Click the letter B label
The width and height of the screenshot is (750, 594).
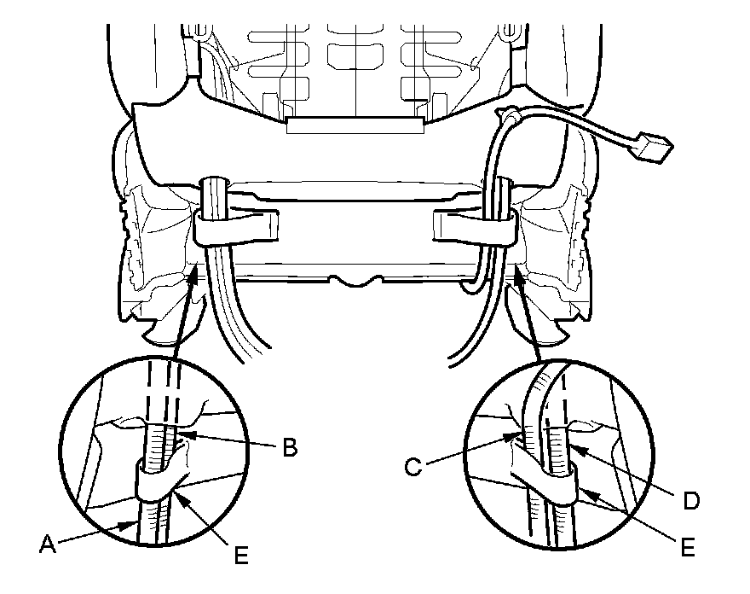click(x=291, y=448)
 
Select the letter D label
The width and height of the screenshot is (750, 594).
click(x=691, y=500)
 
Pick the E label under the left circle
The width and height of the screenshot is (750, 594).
click(x=242, y=555)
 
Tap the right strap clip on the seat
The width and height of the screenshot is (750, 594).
click(x=473, y=225)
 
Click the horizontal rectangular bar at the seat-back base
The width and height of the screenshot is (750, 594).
click(x=355, y=126)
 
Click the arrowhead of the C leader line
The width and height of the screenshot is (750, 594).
click(x=515, y=436)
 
